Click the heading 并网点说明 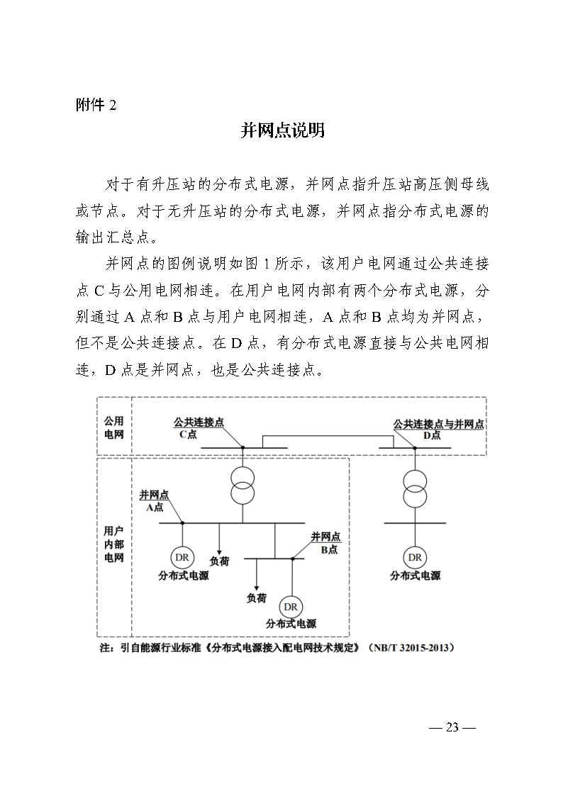pyautogui.click(x=282, y=131)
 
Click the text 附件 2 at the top pyautogui.click(x=96, y=106)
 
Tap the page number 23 pyautogui.click(x=452, y=727)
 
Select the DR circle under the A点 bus pyautogui.click(x=182, y=556)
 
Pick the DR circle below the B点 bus pyautogui.click(x=291, y=607)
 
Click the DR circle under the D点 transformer pyautogui.click(x=415, y=556)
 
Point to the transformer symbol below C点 pyautogui.click(x=243, y=483)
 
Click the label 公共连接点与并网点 pyautogui.click(x=438, y=424)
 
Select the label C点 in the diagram pyautogui.click(x=188, y=435)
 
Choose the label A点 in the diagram pyautogui.click(x=155, y=508)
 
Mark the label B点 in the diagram pyautogui.click(x=328, y=549)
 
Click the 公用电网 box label pyautogui.click(x=114, y=427)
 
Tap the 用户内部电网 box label pyautogui.click(x=114, y=544)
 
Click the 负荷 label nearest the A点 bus pyautogui.click(x=219, y=561)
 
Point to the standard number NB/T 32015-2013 pyautogui.click(x=410, y=648)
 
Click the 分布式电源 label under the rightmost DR pyautogui.click(x=415, y=576)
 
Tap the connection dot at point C pyautogui.click(x=243, y=448)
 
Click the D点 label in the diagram pyautogui.click(x=431, y=435)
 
